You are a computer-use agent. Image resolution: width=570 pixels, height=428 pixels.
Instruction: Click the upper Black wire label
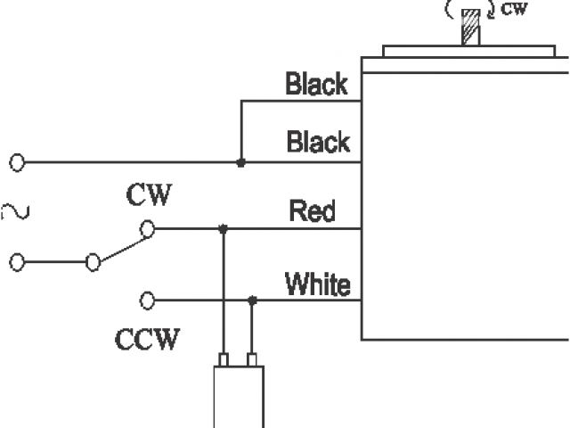click(x=316, y=85)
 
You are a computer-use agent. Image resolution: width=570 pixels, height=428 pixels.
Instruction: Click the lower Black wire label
click(x=318, y=142)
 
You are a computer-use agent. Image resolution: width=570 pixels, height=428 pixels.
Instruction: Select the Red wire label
click(x=312, y=212)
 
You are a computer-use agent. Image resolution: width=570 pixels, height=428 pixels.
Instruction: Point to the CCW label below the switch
click(x=147, y=340)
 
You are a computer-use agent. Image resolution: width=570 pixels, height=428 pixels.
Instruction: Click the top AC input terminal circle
click(x=17, y=162)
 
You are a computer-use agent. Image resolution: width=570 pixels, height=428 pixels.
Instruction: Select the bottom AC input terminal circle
click(x=17, y=262)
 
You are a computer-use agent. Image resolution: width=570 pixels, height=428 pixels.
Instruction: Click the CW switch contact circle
click(x=148, y=229)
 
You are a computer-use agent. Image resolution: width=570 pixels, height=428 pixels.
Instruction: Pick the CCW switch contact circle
click(x=148, y=300)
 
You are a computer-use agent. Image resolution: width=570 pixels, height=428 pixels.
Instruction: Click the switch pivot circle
click(x=92, y=262)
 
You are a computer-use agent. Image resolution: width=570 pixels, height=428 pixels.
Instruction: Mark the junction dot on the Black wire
click(x=240, y=162)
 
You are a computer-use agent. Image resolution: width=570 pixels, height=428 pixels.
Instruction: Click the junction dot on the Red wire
click(x=223, y=229)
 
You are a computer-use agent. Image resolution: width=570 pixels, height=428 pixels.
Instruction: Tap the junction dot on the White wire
click(x=253, y=300)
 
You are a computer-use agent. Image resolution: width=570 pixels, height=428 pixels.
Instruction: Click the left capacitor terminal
click(x=224, y=359)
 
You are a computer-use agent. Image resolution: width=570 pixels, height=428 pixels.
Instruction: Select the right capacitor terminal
click(x=252, y=359)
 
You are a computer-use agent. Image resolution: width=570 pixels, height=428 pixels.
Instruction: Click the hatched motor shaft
click(x=470, y=27)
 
